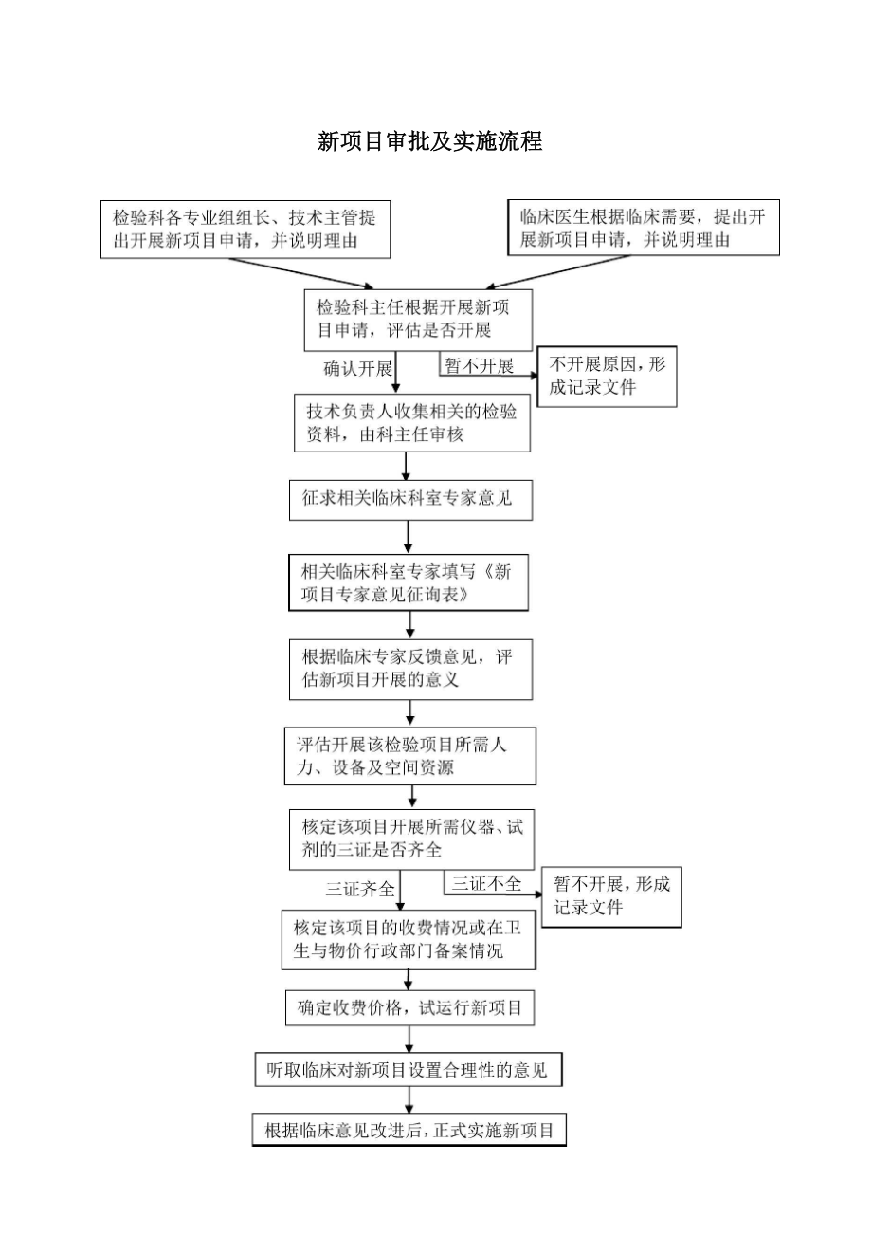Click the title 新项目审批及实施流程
click(429, 142)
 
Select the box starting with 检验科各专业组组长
click(245, 229)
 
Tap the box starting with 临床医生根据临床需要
click(644, 229)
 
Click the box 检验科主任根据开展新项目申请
click(418, 320)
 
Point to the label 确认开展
click(358, 369)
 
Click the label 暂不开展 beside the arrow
click(479, 366)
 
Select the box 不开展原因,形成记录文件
click(607, 377)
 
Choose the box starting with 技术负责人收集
click(411, 423)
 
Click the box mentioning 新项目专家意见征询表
click(409, 582)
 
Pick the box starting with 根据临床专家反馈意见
click(410, 669)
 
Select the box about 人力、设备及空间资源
click(409, 756)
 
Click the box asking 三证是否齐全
click(410, 839)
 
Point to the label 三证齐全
click(360, 890)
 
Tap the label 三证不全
click(486, 884)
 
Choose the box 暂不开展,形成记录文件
click(611, 896)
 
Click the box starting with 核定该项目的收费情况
click(409, 939)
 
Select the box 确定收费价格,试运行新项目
click(409, 1008)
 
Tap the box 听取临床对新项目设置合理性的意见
click(409, 1071)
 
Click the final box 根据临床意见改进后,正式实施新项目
click(409, 1130)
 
